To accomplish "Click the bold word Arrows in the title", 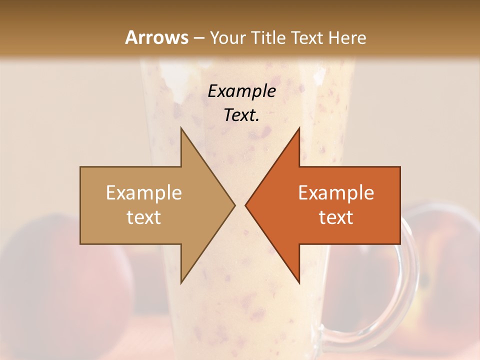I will tap(156, 37).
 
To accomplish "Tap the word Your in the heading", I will tap(227, 37).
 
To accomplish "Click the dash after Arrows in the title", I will tap(198, 38).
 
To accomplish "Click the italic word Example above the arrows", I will tap(241, 91).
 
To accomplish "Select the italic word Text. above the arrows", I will tap(241, 115).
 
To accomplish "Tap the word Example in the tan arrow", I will tap(143, 192).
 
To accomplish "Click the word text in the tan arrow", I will tap(143, 217).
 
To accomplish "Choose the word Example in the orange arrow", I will tap(336, 192).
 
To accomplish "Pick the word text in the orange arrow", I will tap(336, 217).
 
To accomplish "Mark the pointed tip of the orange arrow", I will tap(246, 205).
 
